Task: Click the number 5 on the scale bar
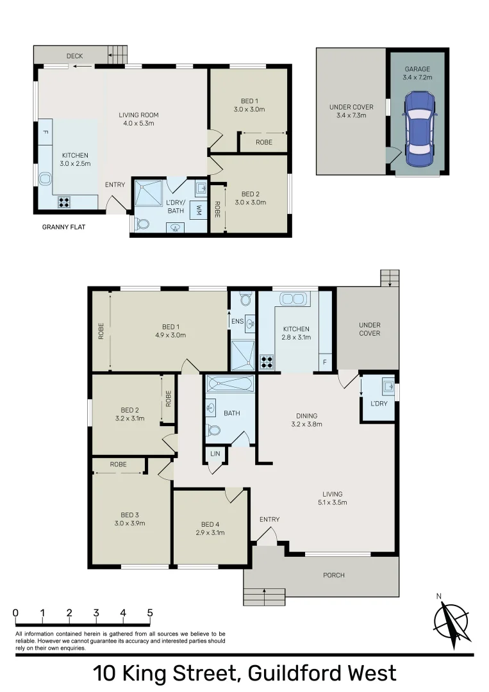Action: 149,613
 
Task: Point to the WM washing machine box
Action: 199,210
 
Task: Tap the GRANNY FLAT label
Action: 63,227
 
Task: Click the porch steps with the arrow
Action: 264,597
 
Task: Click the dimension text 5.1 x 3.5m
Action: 333,503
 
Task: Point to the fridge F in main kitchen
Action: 325,363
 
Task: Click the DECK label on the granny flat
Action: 75,56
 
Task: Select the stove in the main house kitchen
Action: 268,362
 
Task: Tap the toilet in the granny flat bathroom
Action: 141,224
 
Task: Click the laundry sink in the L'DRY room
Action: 387,386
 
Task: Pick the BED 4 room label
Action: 210,523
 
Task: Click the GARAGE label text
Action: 417,69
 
